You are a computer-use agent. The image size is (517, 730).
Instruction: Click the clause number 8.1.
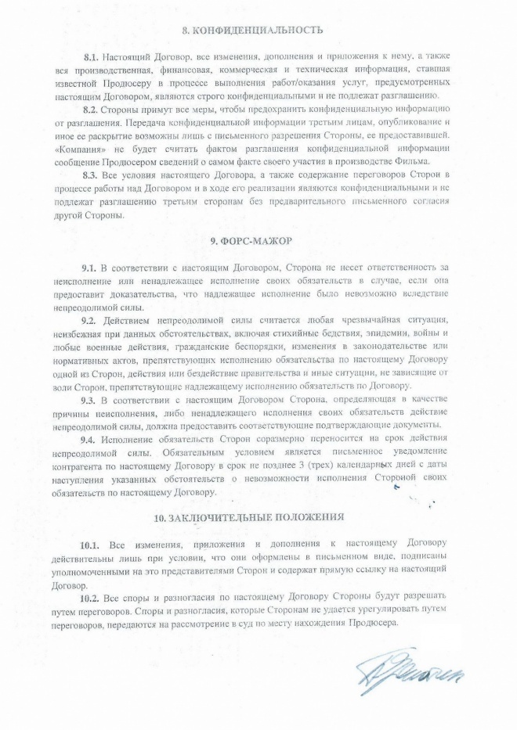(93, 59)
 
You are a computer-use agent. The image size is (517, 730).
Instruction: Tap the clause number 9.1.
(92, 268)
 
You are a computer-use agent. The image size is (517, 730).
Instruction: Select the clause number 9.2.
(92, 321)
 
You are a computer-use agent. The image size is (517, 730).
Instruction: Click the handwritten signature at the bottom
(407, 671)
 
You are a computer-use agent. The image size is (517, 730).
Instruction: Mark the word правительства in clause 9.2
(236, 372)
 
